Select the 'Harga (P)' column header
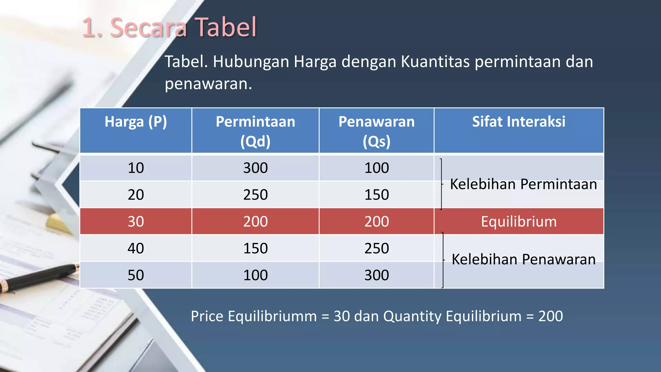click(x=136, y=122)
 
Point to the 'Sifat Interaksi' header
click(x=519, y=122)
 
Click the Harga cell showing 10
click(x=136, y=168)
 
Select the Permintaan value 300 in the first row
click(x=255, y=168)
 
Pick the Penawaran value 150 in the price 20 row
click(x=376, y=195)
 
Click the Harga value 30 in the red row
click(x=136, y=222)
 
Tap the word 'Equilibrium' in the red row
click(x=519, y=222)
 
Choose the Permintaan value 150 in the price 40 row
click(x=255, y=248)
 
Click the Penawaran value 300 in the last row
click(x=376, y=275)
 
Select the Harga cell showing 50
click(x=136, y=275)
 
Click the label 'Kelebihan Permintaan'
click(x=523, y=184)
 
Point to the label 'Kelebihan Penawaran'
click(x=523, y=259)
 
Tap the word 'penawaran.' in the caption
click(x=208, y=84)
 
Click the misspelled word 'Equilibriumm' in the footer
click(x=272, y=316)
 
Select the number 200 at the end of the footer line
click(x=551, y=316)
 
